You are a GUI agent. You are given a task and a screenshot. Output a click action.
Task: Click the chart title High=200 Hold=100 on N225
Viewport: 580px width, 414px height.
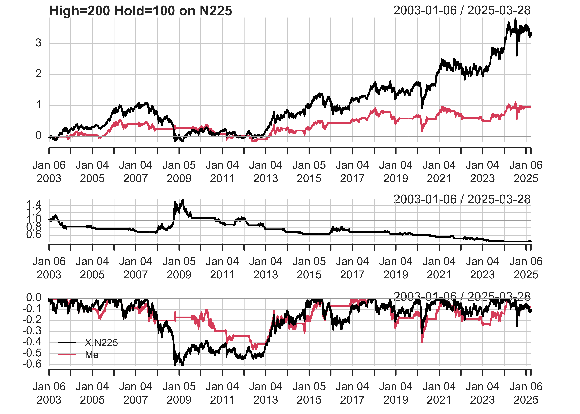tap(141, 11)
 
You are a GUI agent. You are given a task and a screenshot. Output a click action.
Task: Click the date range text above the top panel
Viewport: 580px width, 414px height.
tap(462, 10)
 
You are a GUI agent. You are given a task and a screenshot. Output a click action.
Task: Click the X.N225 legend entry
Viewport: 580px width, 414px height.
tap(101, 343)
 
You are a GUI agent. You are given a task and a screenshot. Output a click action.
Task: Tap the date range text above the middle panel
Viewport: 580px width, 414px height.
tap(462, 199)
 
